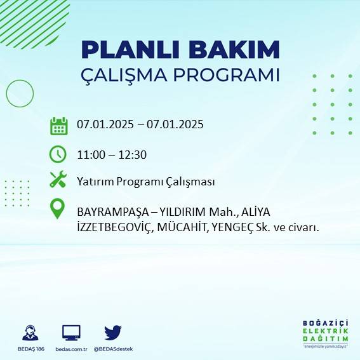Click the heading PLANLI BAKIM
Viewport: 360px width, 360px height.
point(180,50)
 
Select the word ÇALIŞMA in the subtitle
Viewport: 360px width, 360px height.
point(124,75)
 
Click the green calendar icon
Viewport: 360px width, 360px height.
point(58,126)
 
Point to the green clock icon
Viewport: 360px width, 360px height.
point(58,154)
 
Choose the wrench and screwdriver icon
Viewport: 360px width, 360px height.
point(58,180)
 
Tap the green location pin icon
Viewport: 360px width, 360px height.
point(58,210)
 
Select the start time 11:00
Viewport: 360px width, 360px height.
point(90,154)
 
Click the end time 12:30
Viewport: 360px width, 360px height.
point(133,154)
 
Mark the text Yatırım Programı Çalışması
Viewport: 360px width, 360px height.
point(145,182)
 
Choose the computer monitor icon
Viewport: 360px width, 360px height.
point(71,332)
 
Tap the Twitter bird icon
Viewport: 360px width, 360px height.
point(113,332)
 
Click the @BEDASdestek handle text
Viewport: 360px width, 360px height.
point(113,349)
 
